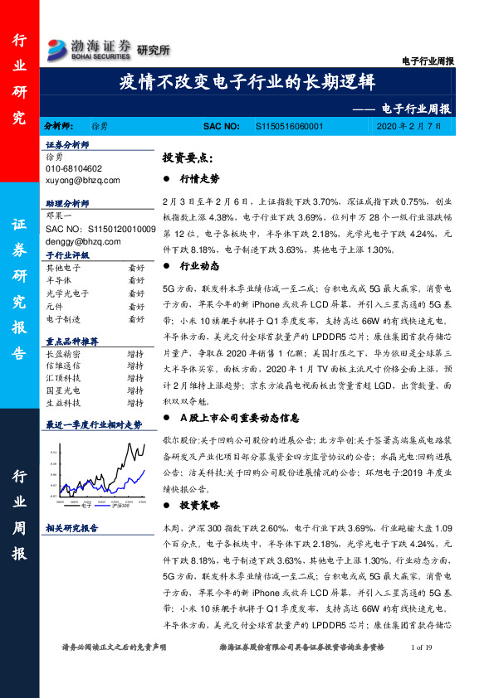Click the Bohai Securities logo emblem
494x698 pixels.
(59, 47)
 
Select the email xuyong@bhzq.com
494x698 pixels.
(83, 179)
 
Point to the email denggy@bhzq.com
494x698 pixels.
(83, 241)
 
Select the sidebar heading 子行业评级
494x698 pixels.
(66, 256)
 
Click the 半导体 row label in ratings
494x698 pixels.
(58, 281)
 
